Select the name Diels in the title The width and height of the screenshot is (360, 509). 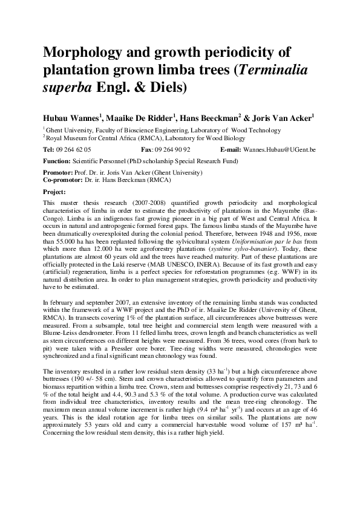[165, 88]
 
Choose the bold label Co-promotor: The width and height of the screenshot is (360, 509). [64, 180]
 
